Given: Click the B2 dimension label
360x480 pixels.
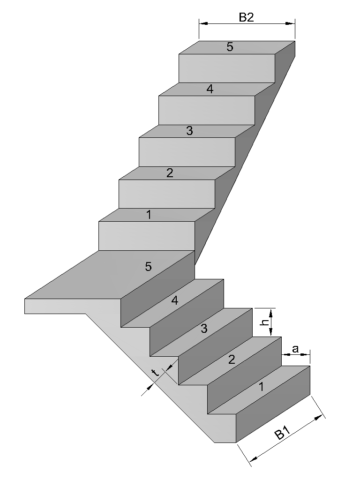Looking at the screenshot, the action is [x=246, y=17].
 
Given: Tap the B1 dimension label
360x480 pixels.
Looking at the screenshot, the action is [x=282, y=433].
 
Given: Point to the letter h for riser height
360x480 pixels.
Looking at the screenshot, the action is [x=266, y=322].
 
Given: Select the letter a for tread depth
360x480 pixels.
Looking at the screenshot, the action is [x=295, y=349].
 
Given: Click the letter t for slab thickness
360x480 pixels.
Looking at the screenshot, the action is [x=156, y=373].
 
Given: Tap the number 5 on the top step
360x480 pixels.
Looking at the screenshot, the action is [x=230, y=47].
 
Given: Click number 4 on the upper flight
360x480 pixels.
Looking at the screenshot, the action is [x=210, y=89].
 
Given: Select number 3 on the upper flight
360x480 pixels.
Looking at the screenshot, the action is [x=189, y=131].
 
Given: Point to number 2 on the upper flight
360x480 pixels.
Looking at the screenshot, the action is [x=170, y=173].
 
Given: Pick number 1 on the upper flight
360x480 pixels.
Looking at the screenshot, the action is [x=149, y=215].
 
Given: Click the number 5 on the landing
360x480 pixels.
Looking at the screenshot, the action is [x=148, y=266].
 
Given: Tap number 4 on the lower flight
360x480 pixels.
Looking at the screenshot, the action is [x=174, y=300].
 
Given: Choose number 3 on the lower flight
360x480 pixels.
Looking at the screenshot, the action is [x=204, y=329].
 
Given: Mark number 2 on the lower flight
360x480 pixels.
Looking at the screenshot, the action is [x=232, y=360].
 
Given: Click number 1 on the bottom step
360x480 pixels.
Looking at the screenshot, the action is [x=261, y=387].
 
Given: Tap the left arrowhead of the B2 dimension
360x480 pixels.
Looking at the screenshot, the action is [x=204, y=23].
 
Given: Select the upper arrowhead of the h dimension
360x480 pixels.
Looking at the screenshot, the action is [x=271, y=313].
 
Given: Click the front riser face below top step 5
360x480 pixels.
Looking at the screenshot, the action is [x=227, y=68].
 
